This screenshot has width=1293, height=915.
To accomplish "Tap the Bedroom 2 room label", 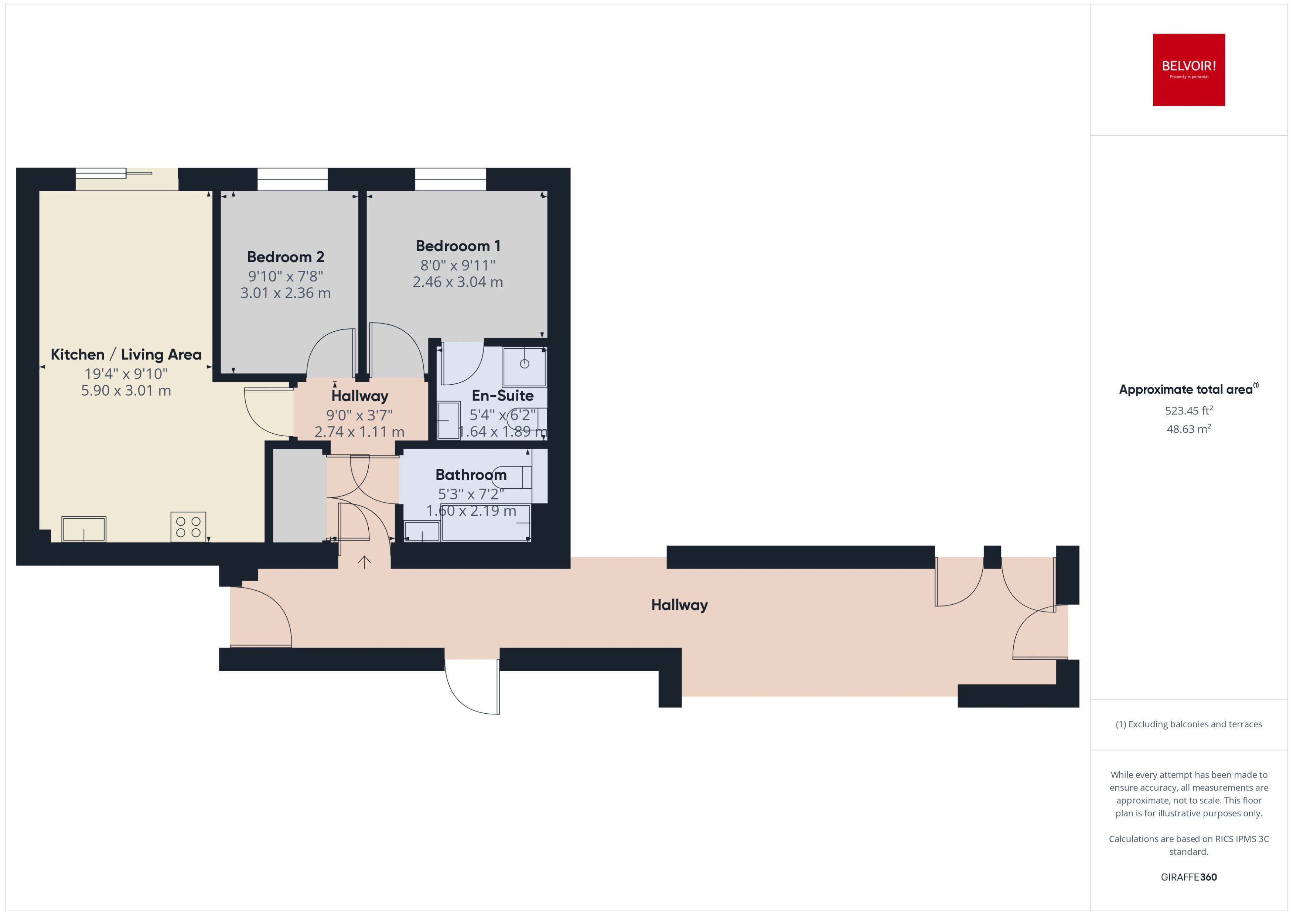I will point(286,257).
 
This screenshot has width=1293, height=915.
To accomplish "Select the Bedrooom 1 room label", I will point(457,246).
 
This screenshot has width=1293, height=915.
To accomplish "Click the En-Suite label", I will point(502,396).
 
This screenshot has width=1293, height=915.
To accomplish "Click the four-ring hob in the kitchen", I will point(188,527).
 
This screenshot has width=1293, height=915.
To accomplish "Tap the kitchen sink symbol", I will point(83,529).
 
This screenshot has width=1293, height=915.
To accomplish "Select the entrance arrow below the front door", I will point(365,562).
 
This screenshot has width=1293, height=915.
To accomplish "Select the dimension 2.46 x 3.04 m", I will point(457,282).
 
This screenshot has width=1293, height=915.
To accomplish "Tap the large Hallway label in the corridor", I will point(679,605).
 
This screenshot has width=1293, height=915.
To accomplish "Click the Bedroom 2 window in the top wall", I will point(293,179).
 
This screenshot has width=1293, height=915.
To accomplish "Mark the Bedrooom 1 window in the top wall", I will point(450,179).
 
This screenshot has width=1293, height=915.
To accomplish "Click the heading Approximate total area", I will point(1186,390).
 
